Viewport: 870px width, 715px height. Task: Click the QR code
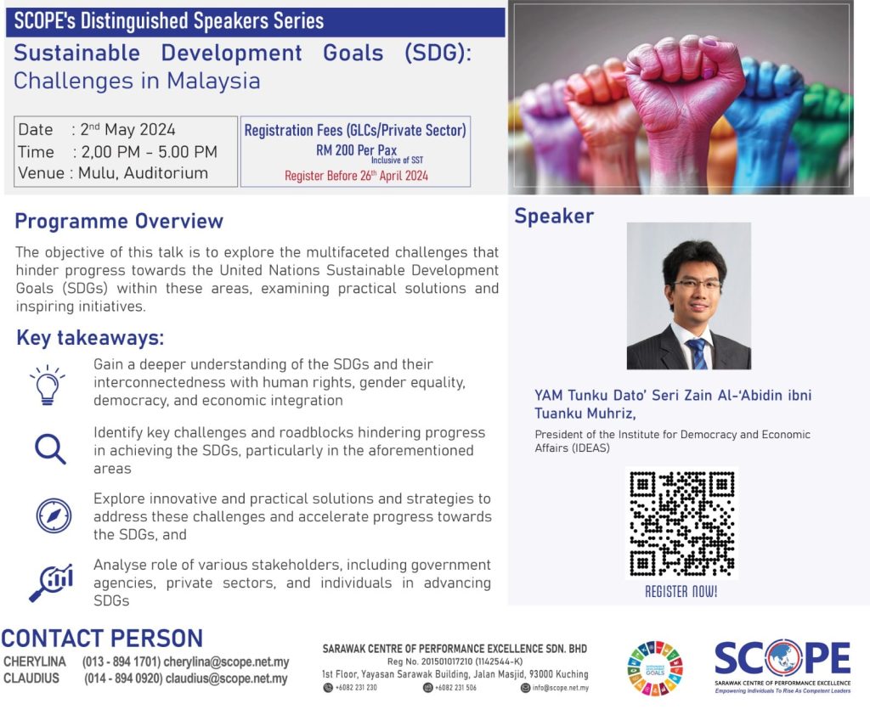click(682, 524)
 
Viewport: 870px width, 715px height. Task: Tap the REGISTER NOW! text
click(681, 592)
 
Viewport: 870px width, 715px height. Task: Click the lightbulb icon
click(48, 385)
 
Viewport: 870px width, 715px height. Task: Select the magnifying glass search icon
click(50, 448)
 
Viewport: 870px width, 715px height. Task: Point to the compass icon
click(54, 515)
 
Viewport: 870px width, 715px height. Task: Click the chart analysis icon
click(50, 583)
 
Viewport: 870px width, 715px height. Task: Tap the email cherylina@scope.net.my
click(226, 662)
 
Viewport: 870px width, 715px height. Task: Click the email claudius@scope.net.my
click(226, 678)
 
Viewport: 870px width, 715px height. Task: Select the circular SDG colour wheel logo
click(655, 668)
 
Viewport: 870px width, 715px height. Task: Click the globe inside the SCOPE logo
click(782, 658)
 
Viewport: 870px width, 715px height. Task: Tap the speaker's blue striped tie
click(698, 354)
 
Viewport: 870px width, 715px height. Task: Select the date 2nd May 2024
click(127, 129)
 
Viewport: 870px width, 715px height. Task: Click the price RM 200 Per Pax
click(356, 149)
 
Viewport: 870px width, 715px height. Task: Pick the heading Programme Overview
click(119, 221)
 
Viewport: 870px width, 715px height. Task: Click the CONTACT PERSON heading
click(102, 639)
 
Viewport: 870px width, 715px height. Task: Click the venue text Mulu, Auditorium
click(143, 173)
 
